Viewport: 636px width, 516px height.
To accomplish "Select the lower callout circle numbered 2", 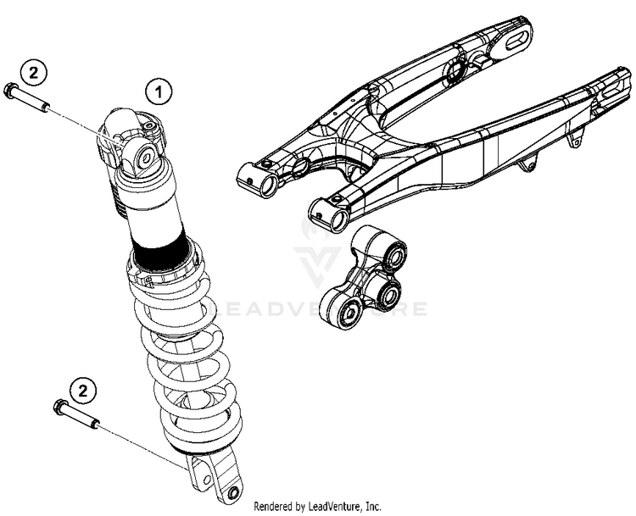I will (x=81, y=390).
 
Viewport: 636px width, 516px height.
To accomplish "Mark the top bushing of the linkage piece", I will (x=392, y=252).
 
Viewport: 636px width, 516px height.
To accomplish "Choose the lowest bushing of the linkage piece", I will (x=348, y=315).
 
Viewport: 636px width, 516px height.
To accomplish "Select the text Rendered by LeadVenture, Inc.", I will (x=317, y=506).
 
